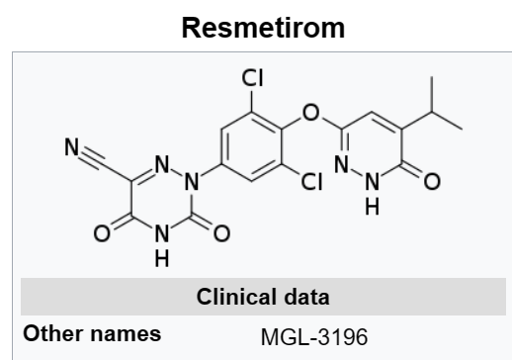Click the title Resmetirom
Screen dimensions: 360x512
coord(255,27)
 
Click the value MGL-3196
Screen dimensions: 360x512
coord(313,336)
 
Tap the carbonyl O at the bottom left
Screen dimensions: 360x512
coord(104,234)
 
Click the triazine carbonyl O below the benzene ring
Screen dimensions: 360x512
coord(221,234)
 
